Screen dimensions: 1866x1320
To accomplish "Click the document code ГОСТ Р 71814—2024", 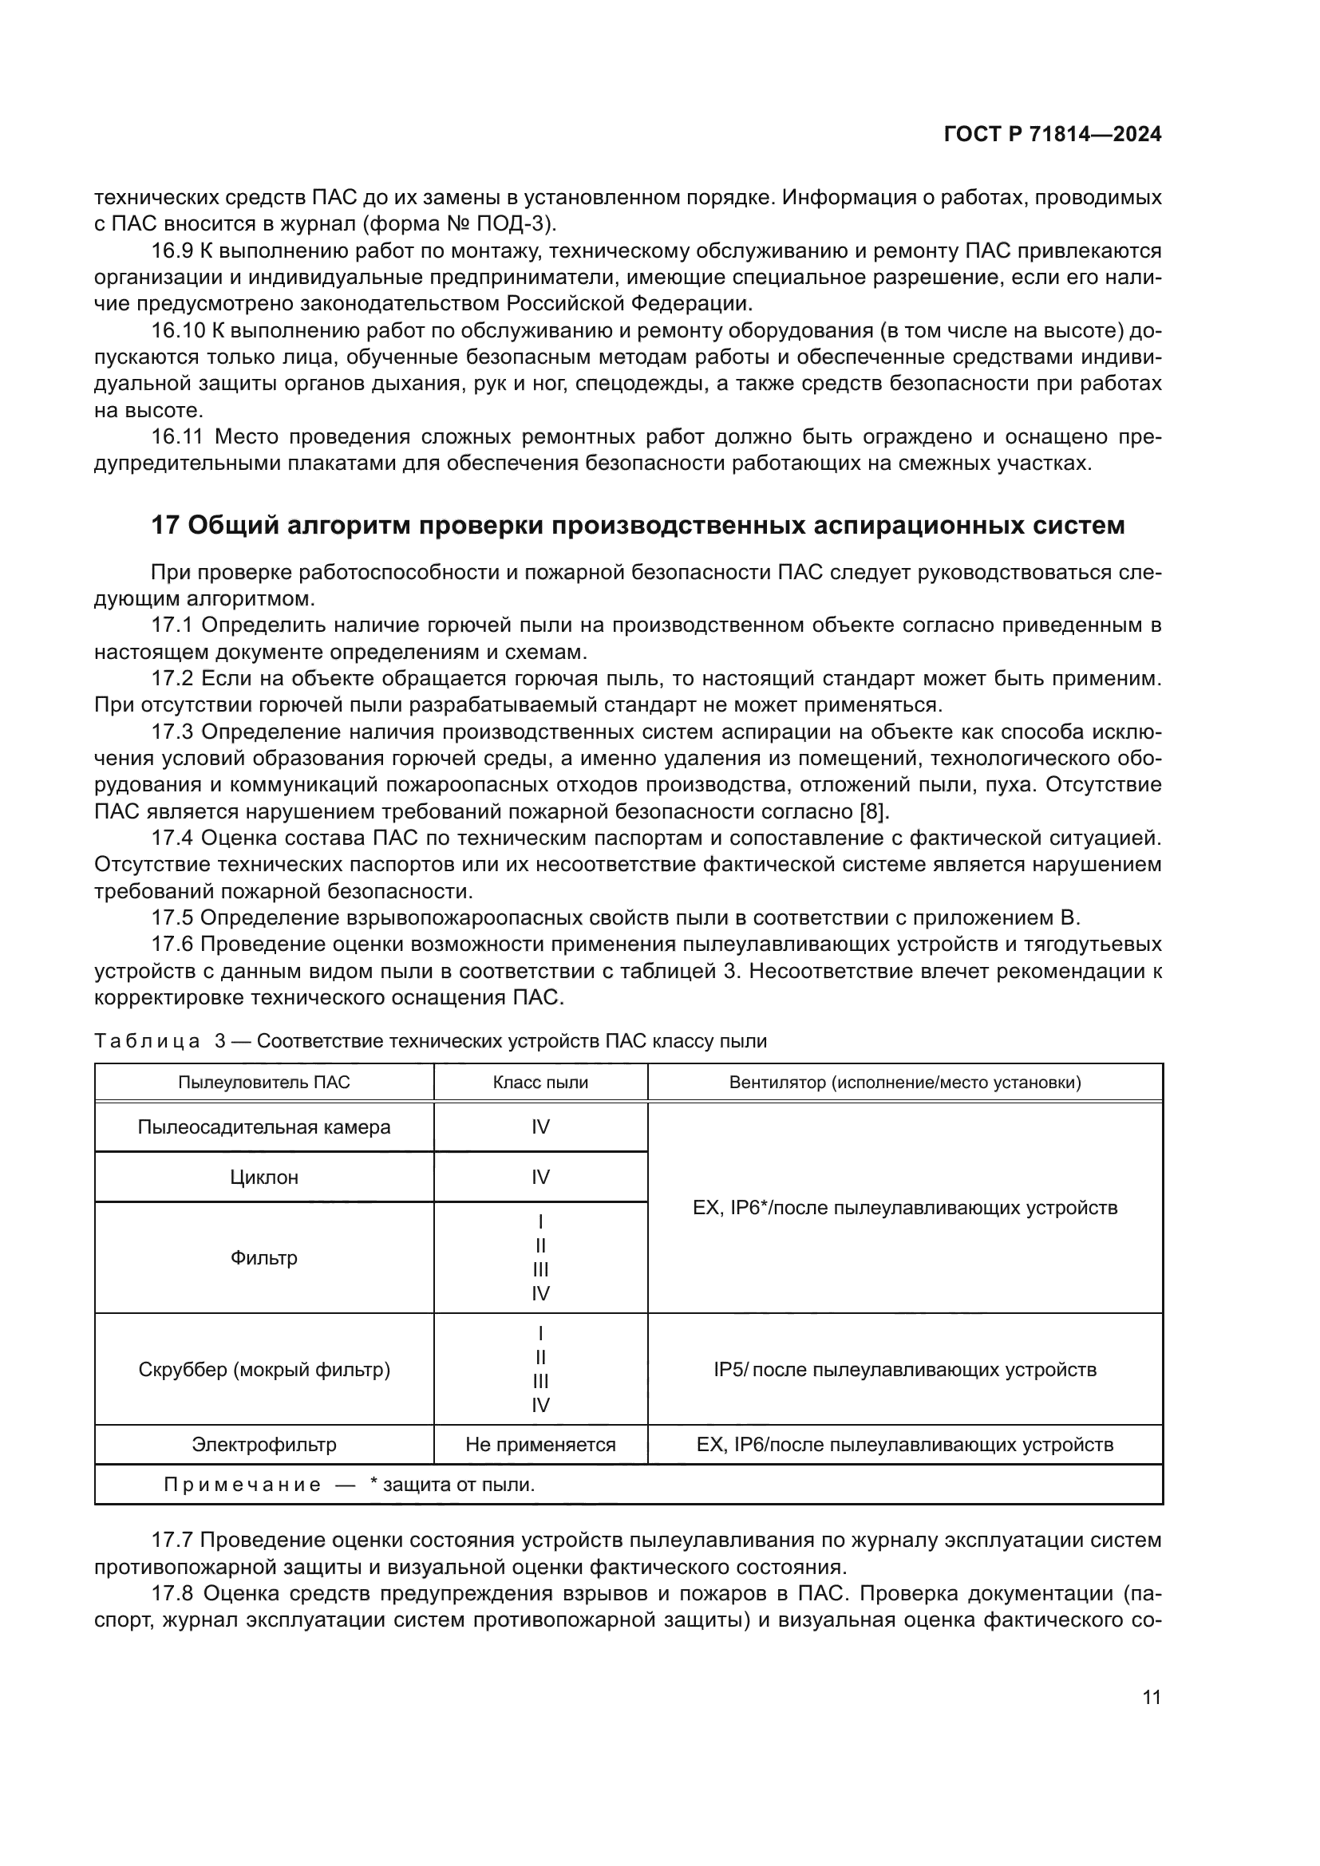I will point(1052,135).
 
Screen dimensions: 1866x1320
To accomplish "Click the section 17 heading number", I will point(165,526).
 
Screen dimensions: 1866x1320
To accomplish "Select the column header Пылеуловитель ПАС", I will point(264,1083).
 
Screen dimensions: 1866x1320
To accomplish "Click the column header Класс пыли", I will point(540,1083).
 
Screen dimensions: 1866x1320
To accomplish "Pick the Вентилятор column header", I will point(905,1083).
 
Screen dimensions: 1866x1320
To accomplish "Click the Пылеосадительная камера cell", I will point(264,1127).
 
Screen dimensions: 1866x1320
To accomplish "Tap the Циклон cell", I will point(264,1177).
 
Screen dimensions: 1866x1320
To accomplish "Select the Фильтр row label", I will point(264,1257).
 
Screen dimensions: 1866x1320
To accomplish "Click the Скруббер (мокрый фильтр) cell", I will point(264,1370).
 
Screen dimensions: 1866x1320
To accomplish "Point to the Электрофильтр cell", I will point(264,1444).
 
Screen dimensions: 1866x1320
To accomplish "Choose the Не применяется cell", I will point(540,1444).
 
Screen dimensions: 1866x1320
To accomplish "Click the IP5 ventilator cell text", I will point(905,1370).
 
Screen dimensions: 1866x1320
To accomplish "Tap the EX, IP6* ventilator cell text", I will point(905,1208).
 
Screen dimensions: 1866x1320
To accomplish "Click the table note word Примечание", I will point(243,1485).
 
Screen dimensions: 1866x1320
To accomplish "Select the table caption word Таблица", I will point(147,1041).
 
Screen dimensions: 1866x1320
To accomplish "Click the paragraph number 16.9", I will point(172,251).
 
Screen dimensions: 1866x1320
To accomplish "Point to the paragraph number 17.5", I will point(172,918).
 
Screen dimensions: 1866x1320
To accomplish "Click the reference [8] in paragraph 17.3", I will point(875,812).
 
